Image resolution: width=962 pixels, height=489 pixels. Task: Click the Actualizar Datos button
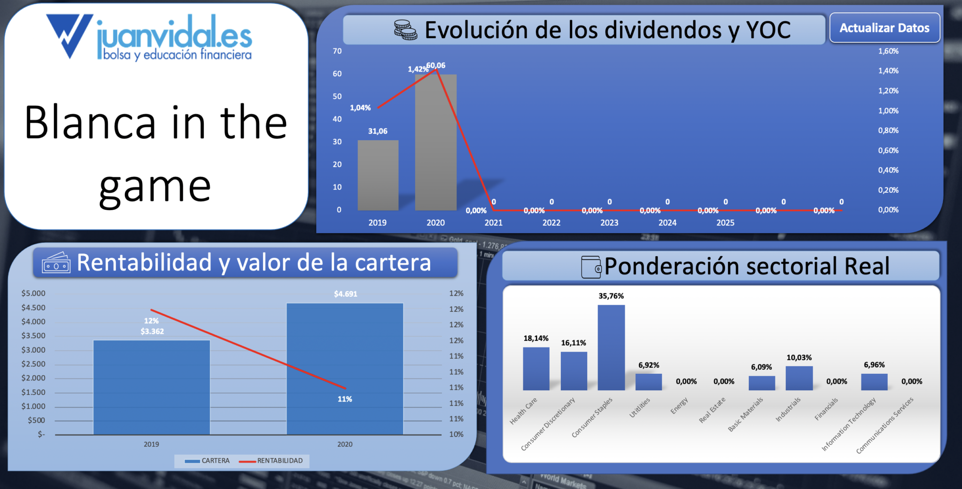884,28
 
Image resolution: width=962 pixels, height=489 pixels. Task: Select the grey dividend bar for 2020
435,142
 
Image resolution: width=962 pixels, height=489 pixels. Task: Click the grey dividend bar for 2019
378,175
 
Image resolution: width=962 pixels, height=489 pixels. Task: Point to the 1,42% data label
418,69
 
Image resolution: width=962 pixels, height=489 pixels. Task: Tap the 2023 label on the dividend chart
609,222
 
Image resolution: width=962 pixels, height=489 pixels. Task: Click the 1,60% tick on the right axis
888,51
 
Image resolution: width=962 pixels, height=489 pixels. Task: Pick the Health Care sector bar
536,369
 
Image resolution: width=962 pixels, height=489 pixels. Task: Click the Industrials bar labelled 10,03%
799,378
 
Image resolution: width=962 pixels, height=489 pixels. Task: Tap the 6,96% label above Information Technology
874,364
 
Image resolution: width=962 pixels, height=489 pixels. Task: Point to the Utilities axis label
640,407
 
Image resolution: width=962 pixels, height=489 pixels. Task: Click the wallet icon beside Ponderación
591,267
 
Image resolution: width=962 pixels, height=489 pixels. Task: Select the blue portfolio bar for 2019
152,387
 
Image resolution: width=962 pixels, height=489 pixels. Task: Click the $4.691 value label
346,294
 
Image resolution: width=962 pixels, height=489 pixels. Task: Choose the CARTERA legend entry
207,461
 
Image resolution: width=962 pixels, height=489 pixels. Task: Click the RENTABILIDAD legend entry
271,461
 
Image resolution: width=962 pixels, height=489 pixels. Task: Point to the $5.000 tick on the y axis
33,293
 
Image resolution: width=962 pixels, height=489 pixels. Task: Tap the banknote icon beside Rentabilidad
56,262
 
